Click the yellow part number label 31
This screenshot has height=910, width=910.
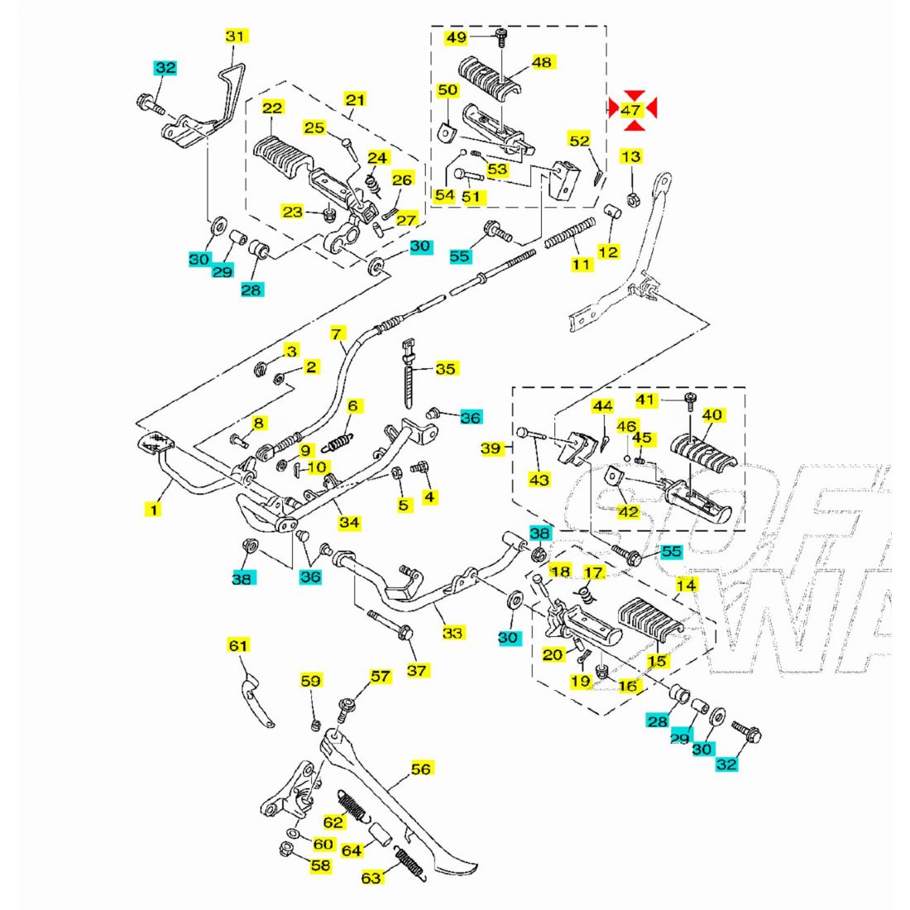[x=236, y=36]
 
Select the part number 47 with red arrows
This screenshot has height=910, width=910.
[x=631, y=109]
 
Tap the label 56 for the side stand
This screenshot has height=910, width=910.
[x=421, y=769]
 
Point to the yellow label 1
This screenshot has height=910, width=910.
[x=153, y=510]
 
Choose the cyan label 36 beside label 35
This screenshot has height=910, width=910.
[x=470, y=418]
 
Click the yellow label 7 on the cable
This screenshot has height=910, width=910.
[x=336, y=334]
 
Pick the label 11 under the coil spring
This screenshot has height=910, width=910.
[x=582, y=265]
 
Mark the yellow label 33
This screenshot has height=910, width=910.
[x=453, y=633]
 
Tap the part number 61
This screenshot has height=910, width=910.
[x=238, y=644]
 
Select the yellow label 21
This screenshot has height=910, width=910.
[x=355, y=100]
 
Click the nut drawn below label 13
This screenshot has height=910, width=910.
[x=630, y=198]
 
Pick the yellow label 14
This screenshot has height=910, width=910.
[x=686, y=586]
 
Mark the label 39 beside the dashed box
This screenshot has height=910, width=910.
[x=491, y=448]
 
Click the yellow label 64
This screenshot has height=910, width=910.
[x=352, y=850]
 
